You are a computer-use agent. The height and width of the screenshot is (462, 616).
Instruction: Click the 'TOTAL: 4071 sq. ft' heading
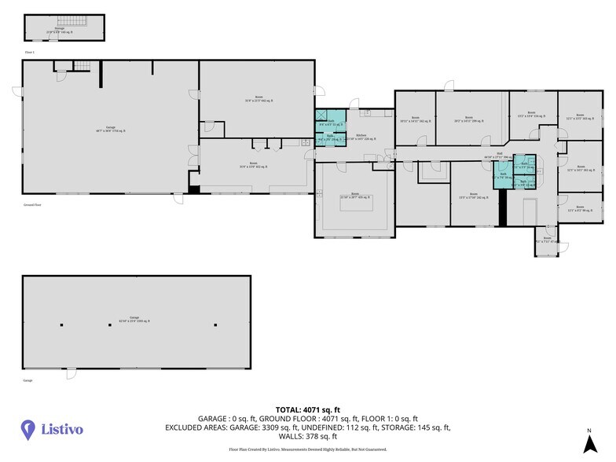[x=307, y=409]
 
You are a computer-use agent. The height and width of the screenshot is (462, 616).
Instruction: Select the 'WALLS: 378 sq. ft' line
[x=307, y=436]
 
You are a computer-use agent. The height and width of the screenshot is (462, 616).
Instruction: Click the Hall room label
[x=499, y=156]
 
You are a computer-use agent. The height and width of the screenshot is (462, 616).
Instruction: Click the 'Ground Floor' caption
[x=32, y=203]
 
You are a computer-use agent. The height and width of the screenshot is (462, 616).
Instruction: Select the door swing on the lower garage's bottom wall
[x=71, y=372]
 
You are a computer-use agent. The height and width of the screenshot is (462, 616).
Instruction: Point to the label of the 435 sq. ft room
[x=355, y=196]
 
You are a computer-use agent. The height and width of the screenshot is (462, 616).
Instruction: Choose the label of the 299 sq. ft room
[x=468, y=120]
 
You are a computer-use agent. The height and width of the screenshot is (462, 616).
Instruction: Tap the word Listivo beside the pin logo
[x=62, y=429]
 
